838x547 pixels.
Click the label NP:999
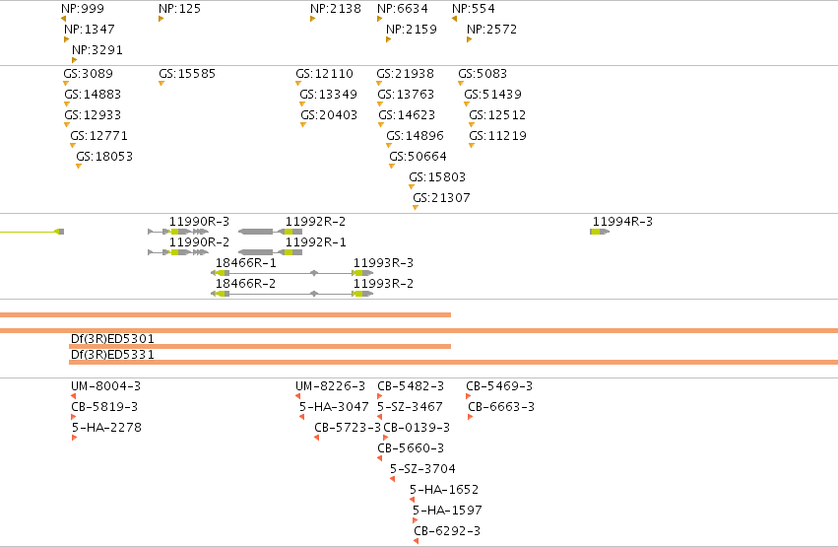coord(83,9)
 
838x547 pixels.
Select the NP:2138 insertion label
coord(336,9)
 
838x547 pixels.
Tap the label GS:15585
coord(187,73)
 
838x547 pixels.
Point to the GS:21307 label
coord(441,198)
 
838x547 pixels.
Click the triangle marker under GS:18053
coord(79,167)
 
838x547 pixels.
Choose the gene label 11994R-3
coord(622,222)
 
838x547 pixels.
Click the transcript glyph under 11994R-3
coord(600,232)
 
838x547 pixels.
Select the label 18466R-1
coord(246,262)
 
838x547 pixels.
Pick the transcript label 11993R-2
coord(383,284)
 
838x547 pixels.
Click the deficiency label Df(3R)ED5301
coord(113,338)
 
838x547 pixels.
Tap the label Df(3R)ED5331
coord(113,355)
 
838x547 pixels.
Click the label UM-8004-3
coord(105,386)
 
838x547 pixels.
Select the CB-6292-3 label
coord(447,531)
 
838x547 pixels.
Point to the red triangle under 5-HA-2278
coord(74,438)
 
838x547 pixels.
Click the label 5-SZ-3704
coord(422,469)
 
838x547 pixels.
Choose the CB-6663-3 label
coord(501,407)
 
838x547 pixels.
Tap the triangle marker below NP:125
coord(161,19)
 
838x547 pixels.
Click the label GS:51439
coord(492,94)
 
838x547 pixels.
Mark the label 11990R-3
coord(199,222)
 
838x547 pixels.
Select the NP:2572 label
coord(492,30)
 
